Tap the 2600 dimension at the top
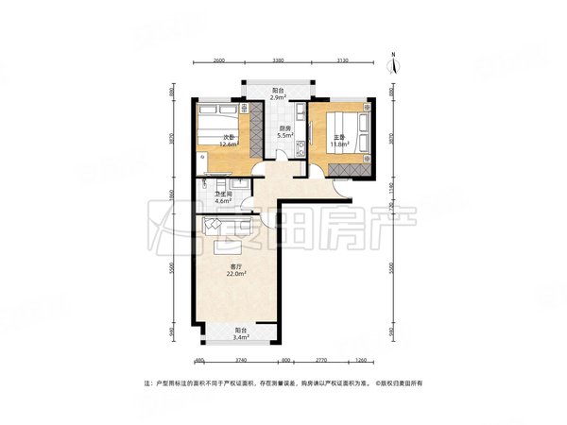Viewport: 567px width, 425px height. [218, 59]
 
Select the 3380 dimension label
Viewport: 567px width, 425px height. [278, 59]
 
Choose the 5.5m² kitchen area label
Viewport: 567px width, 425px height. [283, 135]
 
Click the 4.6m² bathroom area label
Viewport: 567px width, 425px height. [223, 201]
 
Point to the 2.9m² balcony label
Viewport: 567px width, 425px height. [278, 96]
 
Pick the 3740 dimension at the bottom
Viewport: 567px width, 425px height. [241, 360]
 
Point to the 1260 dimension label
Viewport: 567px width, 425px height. [361, 360]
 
